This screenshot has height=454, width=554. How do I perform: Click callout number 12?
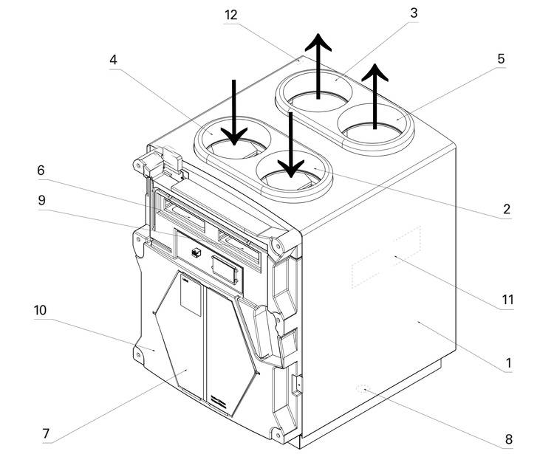[x=230, y=16]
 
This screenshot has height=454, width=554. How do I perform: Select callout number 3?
[x=414, y=13]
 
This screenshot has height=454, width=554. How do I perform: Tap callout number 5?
[x=501, y=58]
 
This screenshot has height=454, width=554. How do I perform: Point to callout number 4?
[x=113, y=60]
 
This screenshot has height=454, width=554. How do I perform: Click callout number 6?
[x=41, y=171]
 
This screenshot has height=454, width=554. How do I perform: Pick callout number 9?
[x=41, y=201]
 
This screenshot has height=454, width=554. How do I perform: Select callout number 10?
[x=40, y=310]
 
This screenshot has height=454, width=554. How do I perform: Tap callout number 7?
[x=46, y=433]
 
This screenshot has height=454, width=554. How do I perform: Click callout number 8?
[x=508, y=439]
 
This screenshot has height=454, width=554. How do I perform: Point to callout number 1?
[x=508, y=363]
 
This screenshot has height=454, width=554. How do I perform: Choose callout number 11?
[x=507, y=300]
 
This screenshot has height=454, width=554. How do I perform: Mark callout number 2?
[x=507, y=210]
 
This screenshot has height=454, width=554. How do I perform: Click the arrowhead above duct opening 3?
[x=318, y=41]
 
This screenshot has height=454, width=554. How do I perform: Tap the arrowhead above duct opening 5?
[x=375, y=72]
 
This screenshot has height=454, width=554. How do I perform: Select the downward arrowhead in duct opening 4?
[x=234, y=137]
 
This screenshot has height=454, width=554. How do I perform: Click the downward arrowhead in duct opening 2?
[x=291, y=168]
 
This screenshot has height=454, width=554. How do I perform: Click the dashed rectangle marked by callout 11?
[x=386, y=257]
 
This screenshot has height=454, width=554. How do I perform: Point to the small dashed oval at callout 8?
[x=362, y=389]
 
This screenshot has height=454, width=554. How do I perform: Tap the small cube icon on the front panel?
[x=196, y=252]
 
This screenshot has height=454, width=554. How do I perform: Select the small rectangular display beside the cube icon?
[x=224, y=269]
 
